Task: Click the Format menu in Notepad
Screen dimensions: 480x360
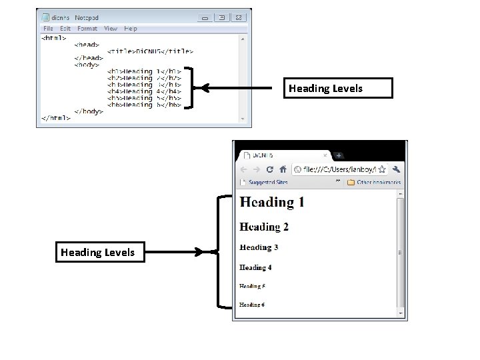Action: coord(87,29)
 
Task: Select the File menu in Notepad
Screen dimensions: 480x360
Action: coord(48,29)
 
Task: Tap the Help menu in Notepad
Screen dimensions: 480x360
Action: coord(131,29)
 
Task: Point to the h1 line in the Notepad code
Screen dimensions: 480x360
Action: coord(144,71)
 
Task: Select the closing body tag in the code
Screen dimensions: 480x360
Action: coord(89,111)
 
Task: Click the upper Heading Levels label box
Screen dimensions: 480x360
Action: coord(337,88)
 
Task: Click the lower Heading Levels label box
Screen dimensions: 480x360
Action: coord(98,252)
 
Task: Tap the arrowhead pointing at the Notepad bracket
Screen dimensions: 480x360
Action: coord(205,87)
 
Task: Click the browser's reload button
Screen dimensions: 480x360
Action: coord(269,169)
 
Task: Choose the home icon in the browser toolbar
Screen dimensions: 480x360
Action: coord(283,169)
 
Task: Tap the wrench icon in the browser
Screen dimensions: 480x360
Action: coord(396,169)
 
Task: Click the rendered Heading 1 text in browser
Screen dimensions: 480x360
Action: coord(272,202)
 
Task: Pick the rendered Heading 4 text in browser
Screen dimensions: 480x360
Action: coord(255,267)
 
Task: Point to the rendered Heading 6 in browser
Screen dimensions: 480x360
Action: coord(252,305)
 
